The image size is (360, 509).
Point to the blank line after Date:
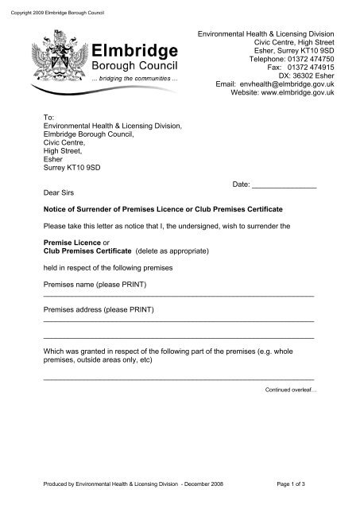pos(284,185)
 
